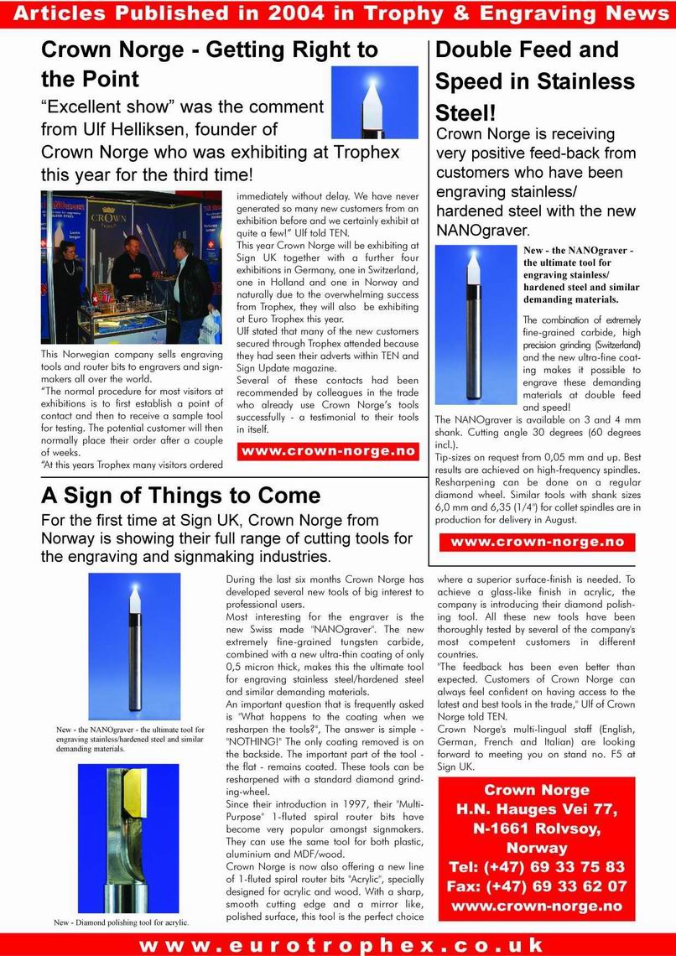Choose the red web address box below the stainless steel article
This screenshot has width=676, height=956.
click(x=538, y=542)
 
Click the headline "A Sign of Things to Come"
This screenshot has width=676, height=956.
click(x=180, y=495)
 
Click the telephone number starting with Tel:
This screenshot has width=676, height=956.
click(x=537, y=867)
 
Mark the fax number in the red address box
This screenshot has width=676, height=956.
click(x=537, y=886)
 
